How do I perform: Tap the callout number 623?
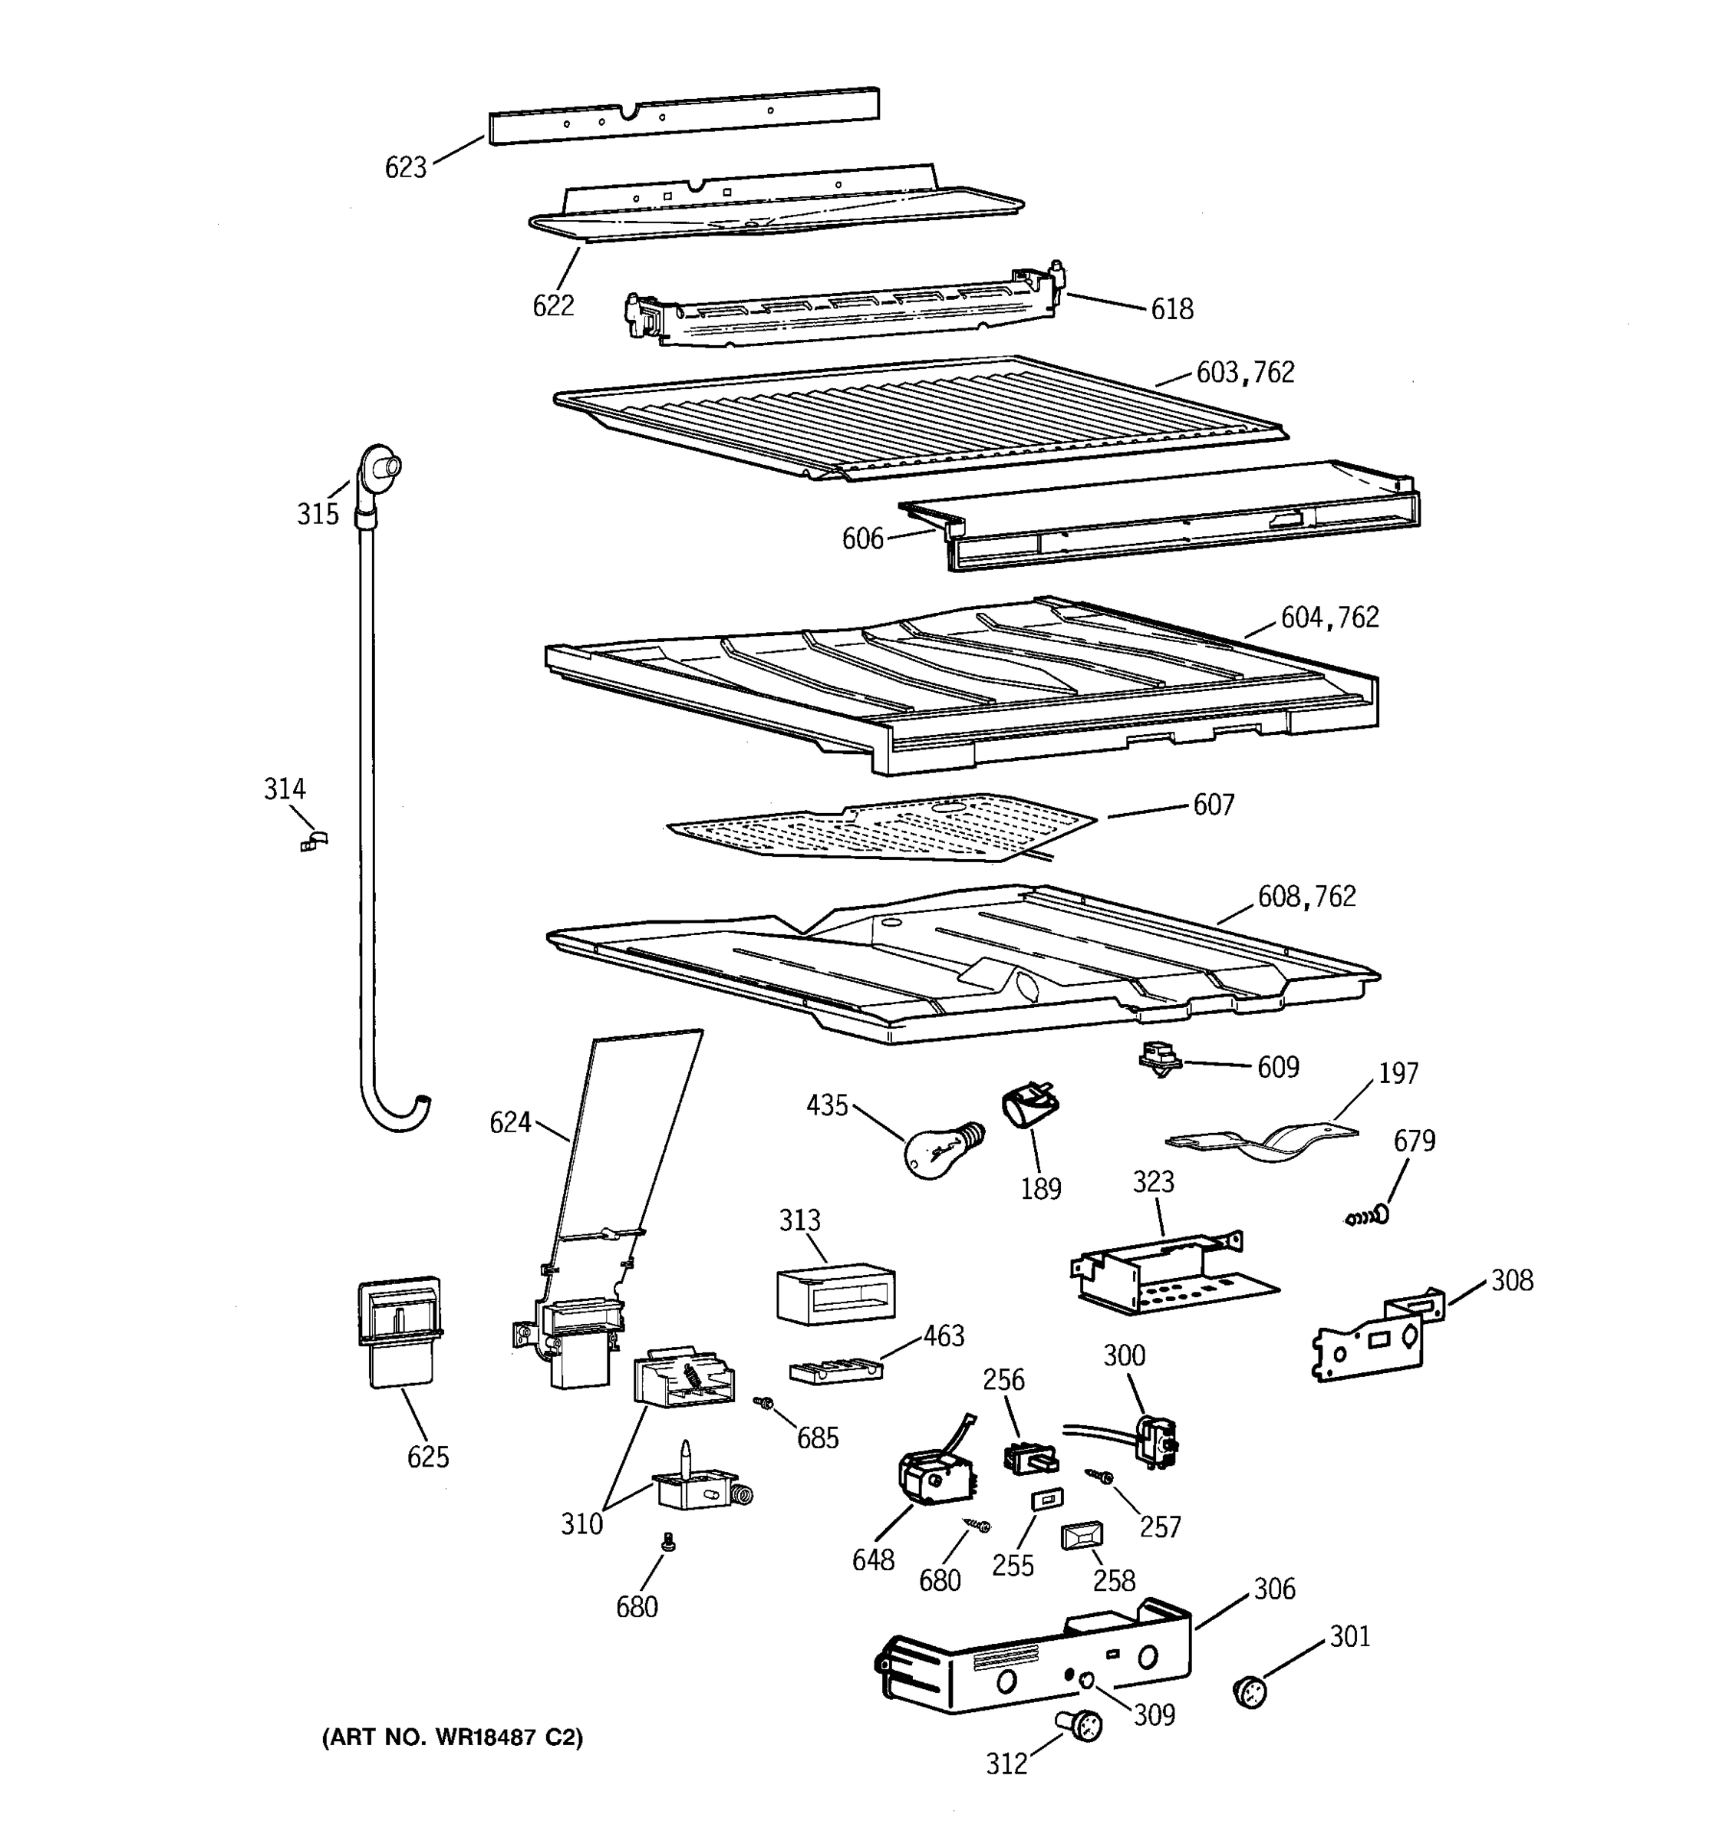point(406,168)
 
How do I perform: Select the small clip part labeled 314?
point(315,840)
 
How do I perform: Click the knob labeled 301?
point(1250,1691)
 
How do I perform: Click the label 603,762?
point(1246,372)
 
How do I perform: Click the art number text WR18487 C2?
point(452,1738)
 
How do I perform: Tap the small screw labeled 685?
point(764,1404)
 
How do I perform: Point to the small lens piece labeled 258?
point(1081,1537)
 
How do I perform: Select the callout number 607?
point(1213,805)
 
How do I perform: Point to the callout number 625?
point(428,1457)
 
